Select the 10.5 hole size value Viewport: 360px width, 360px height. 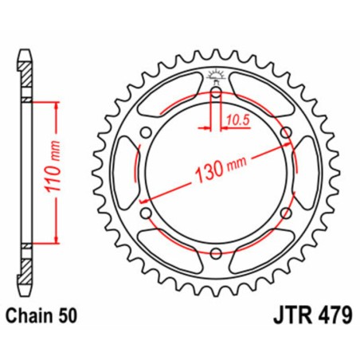[233, 119]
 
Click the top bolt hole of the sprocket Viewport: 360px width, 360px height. [215, 92]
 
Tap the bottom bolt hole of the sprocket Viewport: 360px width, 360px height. [215, 252]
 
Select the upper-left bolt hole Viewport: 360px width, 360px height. [146, 132]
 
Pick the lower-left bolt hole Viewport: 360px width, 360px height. [146, 213]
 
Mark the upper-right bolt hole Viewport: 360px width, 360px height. [284, 132]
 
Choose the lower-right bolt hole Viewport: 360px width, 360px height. [284, 213]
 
